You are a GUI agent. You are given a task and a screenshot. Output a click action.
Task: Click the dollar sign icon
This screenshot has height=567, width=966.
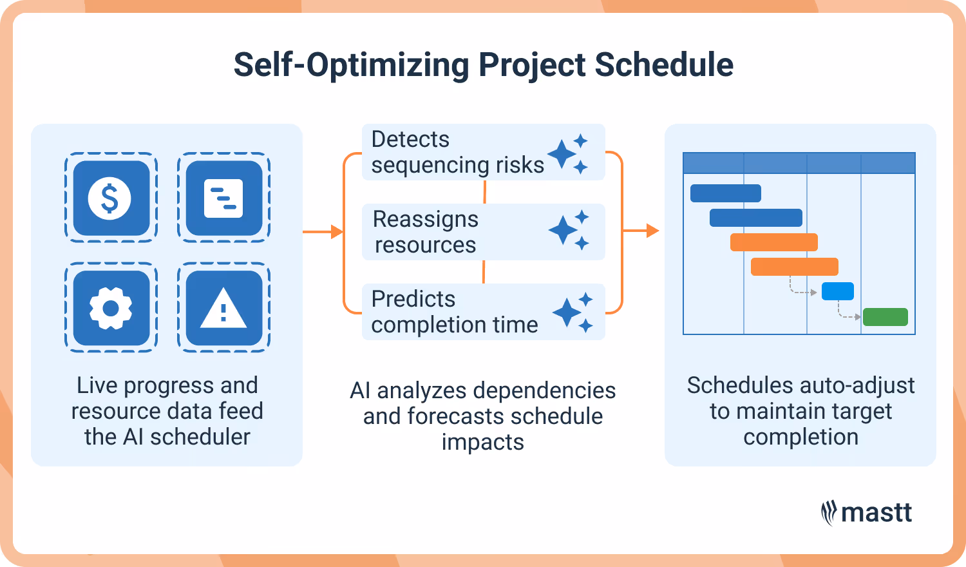click(x=111, y=198)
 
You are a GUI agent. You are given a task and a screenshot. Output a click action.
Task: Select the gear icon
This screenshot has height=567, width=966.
click(x=111, y=309)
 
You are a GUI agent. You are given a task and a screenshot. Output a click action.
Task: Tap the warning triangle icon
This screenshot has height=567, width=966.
click(x=223, y=309)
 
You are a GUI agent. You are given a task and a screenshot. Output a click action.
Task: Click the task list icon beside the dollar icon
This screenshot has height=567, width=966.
click(x=223, y=198)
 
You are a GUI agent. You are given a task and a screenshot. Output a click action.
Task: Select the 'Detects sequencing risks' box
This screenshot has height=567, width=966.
click(x=483, y=152)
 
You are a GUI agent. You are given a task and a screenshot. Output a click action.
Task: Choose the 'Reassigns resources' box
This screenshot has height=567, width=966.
click(x=483, y=232)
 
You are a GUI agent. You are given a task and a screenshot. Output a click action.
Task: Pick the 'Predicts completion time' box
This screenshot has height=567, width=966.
click(x=483, y=312)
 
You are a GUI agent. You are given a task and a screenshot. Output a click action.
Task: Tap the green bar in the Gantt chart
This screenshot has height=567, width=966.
click(x=885, y=317)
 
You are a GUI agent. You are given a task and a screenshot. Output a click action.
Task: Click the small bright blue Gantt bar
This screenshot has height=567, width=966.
click(x=837, y=291)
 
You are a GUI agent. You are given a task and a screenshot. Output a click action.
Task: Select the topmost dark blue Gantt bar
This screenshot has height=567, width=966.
click(x=725, y=193)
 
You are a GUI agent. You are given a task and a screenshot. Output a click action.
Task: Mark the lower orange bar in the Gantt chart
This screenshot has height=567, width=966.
click(x=794, y=267)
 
